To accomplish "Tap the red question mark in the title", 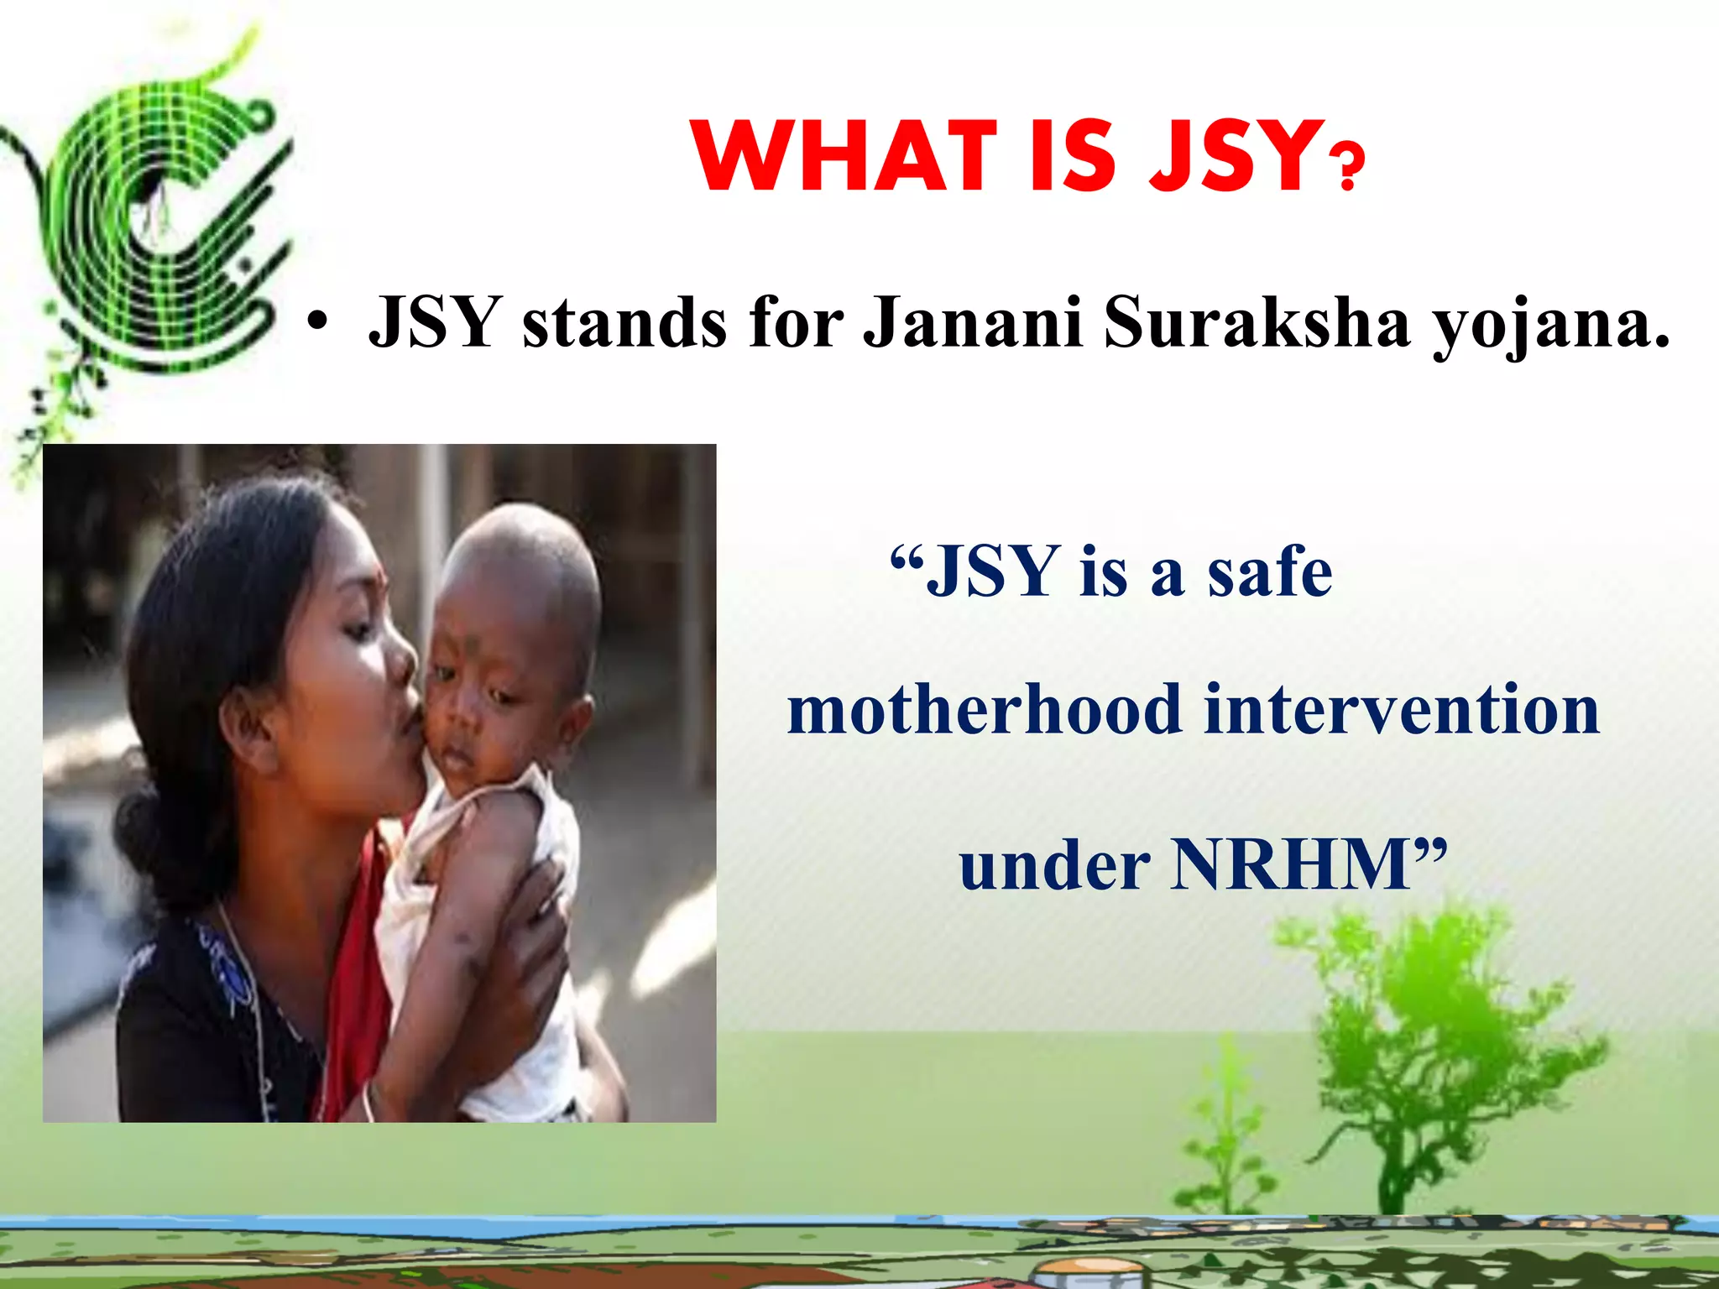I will coord(1348,167).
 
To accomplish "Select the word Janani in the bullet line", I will coord(974,322).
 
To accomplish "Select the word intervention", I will coord(1402,710).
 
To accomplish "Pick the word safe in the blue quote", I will coord(1269,571).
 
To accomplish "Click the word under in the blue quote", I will coord(1054,866).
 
